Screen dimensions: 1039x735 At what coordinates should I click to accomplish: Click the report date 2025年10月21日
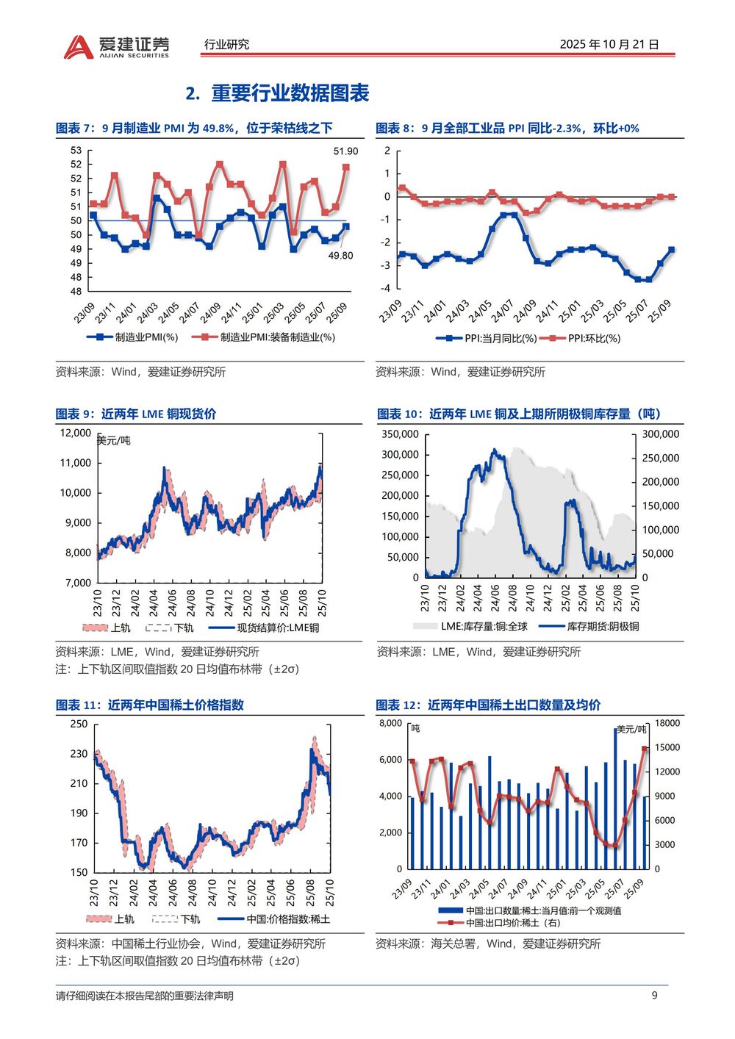pos(609,44)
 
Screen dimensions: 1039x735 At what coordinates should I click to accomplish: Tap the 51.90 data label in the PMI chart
pos(345,151)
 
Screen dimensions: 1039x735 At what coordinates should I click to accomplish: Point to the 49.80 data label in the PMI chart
pos(340,256)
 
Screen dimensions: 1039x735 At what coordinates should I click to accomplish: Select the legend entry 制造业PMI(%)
pos(132,337)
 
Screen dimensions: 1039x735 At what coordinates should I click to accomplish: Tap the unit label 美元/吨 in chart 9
pos(114,441)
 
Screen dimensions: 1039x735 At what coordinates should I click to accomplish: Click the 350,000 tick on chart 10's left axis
pos(400,434)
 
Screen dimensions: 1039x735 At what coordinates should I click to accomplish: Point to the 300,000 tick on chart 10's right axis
pos(661,434)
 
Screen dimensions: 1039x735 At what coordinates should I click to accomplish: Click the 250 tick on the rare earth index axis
pos(79,724)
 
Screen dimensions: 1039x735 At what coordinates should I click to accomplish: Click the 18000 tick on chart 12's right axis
pos(667,723)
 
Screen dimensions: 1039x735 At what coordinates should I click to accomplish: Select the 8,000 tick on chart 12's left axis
pos(390,723)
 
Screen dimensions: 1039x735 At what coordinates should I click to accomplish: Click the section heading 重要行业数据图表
pos(290,93)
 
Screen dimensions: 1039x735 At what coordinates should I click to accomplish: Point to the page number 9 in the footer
pos(655,996)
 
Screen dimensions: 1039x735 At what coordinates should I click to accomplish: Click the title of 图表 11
pos(150,705)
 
